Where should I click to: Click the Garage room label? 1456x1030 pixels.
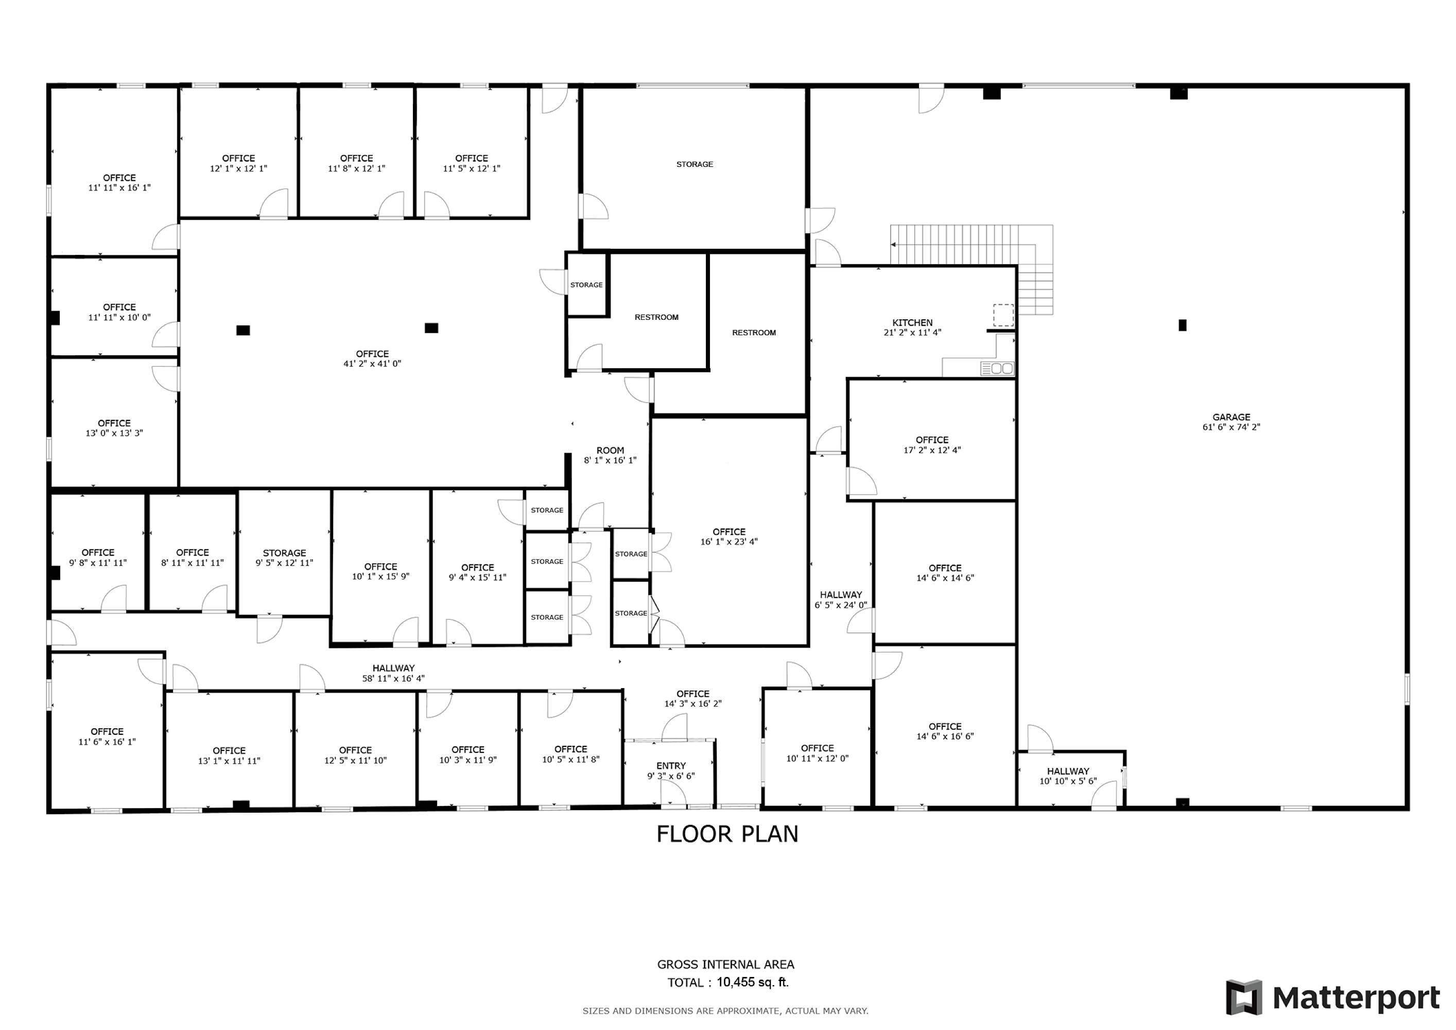(1231, 422)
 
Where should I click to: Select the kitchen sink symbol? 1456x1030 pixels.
(997, 368)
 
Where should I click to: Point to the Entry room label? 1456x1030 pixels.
(671, 770)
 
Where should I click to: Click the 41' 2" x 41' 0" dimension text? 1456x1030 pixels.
(372, 364)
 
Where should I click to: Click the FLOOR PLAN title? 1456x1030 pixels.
(727, 834)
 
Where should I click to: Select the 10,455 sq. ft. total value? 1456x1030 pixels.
(753, 983)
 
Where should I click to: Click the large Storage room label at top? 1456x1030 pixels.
(695, 164)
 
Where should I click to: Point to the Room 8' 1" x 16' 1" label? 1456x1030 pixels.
(610, 455)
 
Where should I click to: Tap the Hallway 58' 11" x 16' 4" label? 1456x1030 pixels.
(393, 673)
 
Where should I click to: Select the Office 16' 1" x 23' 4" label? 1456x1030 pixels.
(729, 537)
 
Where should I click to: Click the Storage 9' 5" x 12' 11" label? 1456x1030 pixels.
(284, 558)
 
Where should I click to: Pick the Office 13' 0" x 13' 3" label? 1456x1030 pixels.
(114, 428)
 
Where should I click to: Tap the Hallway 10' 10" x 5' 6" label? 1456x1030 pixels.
(1068, 776)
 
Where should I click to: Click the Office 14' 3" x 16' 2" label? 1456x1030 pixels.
(692, 698)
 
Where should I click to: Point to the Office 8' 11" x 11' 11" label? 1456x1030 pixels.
(192, 558)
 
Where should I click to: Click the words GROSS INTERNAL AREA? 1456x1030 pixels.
(725, 965)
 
